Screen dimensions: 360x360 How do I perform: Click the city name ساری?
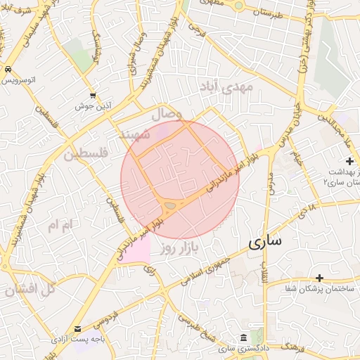264,241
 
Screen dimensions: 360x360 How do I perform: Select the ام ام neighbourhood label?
59,225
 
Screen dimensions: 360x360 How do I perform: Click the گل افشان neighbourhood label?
30,288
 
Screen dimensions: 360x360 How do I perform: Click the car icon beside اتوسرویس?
7,70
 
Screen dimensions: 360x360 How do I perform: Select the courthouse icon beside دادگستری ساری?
243,337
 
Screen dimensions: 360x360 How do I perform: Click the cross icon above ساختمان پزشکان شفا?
320,278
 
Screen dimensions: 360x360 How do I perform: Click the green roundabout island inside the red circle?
171,205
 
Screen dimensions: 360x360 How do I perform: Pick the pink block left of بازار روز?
139,248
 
